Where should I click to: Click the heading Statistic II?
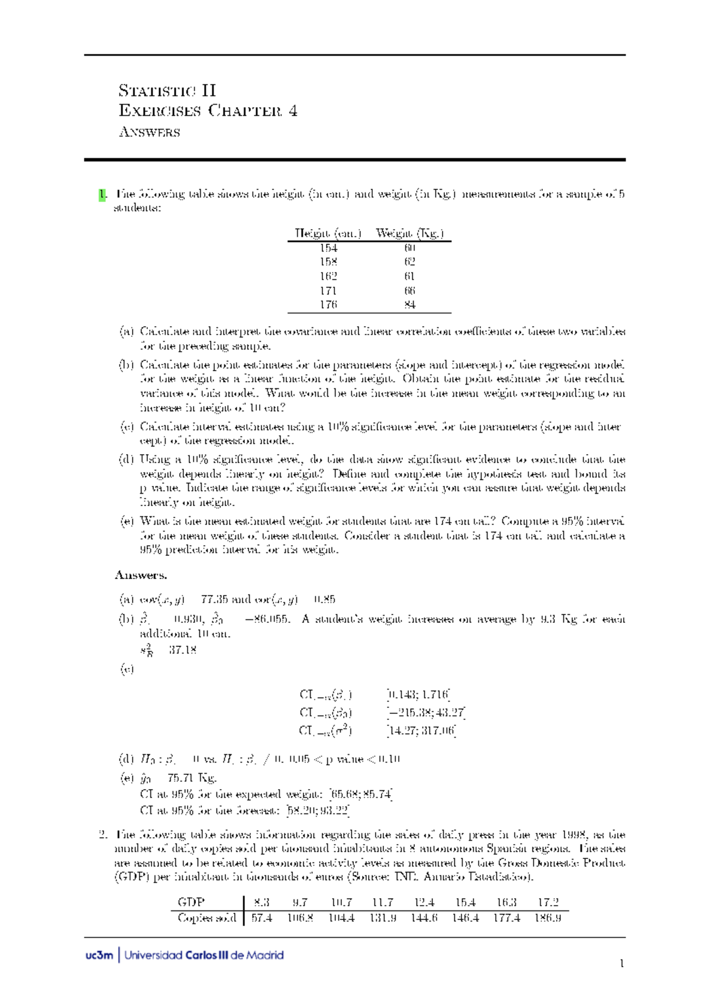point(167,91)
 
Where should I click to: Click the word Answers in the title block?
point(149,132)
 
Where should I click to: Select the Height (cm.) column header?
point(328,233)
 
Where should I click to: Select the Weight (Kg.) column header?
point(409,233)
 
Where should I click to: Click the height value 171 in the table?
point(328,291)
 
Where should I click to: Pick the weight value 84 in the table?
point(409,305)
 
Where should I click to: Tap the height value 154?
point(328,248)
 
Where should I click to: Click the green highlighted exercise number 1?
point(102,194)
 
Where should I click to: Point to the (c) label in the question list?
point(127,426)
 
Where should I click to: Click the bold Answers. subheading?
point(141,575)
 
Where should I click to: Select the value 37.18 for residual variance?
point(182,650)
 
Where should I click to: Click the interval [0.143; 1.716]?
point(418,694)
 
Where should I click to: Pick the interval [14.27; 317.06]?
point(421,731)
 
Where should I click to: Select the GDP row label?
point(191,902)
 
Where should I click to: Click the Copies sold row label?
point(206,918)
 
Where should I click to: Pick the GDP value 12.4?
point(424,902)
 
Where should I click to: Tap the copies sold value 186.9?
point(548,918)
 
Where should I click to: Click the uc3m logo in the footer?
point(99,955)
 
